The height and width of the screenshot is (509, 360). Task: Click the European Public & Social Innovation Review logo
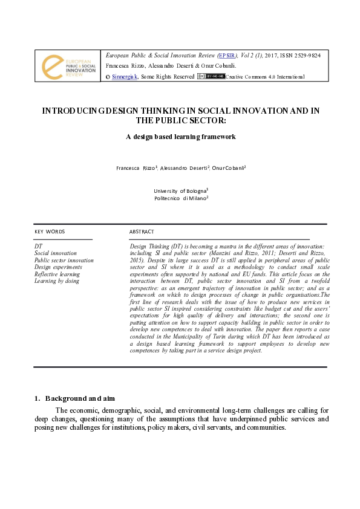tap(68, 66)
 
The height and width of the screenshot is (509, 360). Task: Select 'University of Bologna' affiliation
tap(180, 190)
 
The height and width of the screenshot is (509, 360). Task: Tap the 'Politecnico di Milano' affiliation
tap(180, 198)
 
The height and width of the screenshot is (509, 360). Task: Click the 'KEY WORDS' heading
tap(50, 232)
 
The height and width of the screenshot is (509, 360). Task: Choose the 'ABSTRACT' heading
tap(142, 232)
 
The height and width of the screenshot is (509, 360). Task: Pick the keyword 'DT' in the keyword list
tap(38, 247)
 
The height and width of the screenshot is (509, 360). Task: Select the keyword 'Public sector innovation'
tap(64, 261)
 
